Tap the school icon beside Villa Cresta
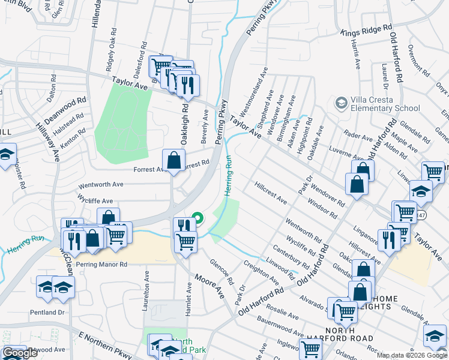pyautogui.click(x=342, y=103)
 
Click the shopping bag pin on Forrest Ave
pyautogui.click(x=173, y=161)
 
